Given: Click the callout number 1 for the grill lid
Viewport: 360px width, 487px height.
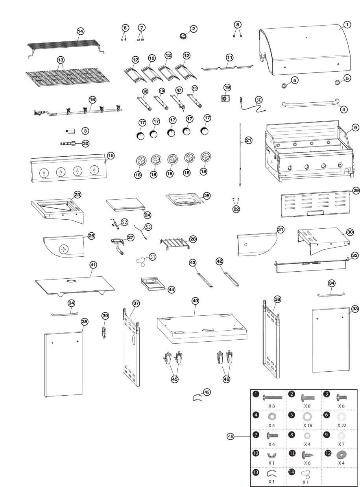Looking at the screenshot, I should (347, 25).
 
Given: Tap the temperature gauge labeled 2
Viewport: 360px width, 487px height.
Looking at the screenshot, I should (183, 36).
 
